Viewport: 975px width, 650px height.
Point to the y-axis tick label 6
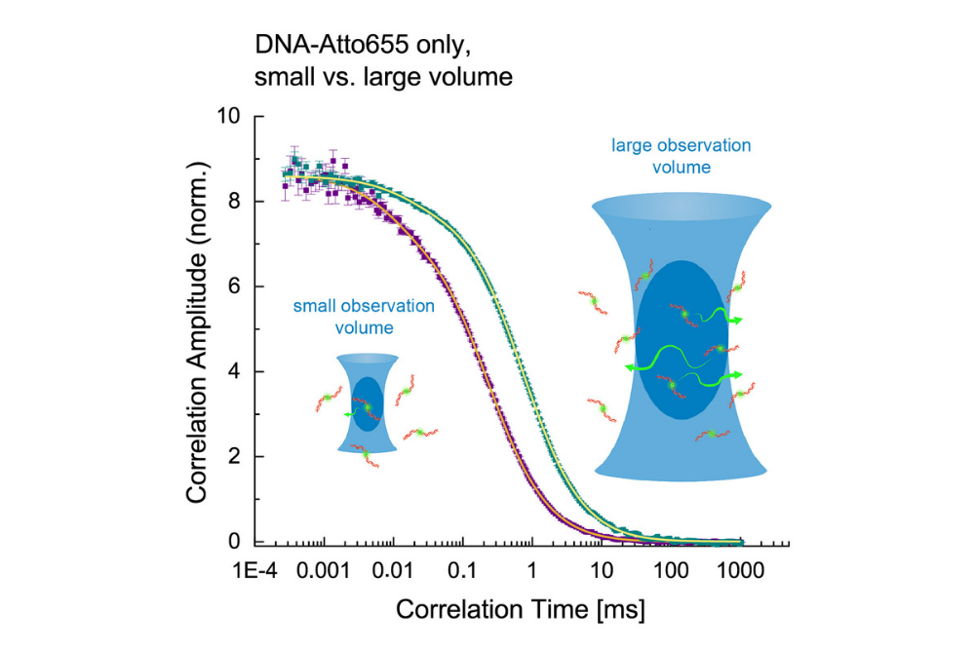(233, 287)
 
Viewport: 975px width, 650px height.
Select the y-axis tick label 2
(233, 457)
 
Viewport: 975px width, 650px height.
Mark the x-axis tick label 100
(671, 569)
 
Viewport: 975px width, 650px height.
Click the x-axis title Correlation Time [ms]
(521, 610)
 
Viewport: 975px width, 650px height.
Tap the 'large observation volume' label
(682, 156)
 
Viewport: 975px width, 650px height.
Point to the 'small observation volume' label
(364, 317)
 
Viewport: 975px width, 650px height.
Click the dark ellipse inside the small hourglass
(367, 404)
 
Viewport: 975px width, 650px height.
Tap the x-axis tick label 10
(602, 569)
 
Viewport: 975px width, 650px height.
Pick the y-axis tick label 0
(233, 542)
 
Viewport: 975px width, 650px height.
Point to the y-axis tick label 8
(233, 202)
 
